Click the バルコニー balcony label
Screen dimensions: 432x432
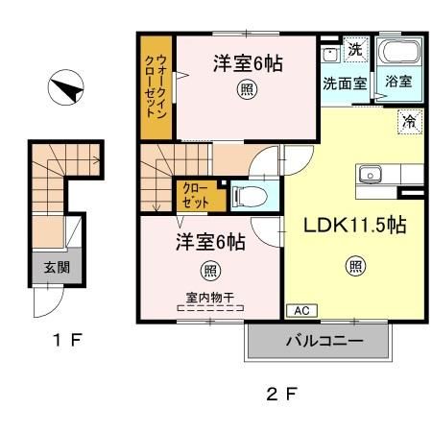(x=322, y=341)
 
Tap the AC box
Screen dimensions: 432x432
(x=299, y=311)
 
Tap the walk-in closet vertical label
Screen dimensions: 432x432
(x=156, y=86)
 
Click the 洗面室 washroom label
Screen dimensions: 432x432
(x=344, y=83)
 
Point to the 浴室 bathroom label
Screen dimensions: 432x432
(x=398, y=83)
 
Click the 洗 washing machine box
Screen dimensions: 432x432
(x=354, y=49)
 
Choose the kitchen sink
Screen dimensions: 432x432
(x=372, y=175)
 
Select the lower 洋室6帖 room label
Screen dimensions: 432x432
(x=209, y=243)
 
